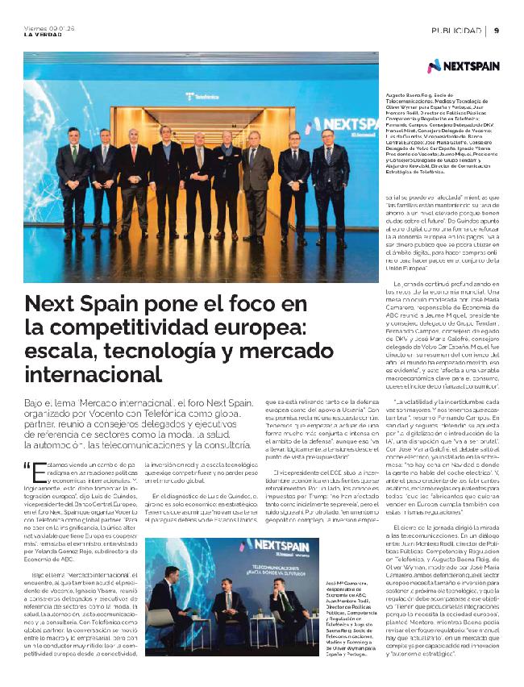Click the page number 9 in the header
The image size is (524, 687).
click(x=497, y=30)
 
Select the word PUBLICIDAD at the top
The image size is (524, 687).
click(x=456, y=30)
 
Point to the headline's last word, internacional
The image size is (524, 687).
click(x=81, y=376)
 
